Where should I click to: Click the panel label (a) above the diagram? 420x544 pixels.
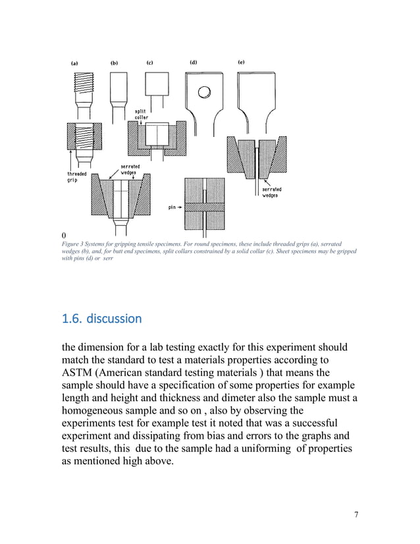74,63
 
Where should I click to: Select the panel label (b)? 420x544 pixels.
114,63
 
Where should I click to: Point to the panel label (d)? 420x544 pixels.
194,62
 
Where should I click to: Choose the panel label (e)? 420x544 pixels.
242,62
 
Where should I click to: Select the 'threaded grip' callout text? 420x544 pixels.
77,177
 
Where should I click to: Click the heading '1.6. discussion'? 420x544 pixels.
101,319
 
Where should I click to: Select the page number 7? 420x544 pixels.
357,515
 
